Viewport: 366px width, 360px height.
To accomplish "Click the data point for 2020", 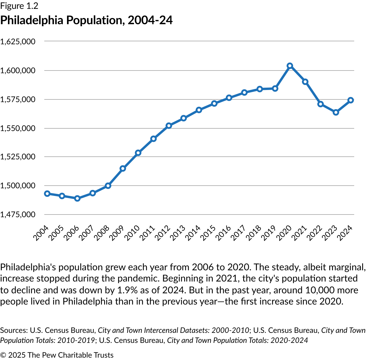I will click(x=290, y=66).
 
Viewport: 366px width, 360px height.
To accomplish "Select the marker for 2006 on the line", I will click(x=77, y=199).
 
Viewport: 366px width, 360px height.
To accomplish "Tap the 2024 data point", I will click(x=351, y=100).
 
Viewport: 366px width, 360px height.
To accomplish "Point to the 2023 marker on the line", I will click(x=336, y=112).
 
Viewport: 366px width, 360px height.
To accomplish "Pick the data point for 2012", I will click(x=169, y=126).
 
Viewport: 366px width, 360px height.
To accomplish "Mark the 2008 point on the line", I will click(x=108, y=186).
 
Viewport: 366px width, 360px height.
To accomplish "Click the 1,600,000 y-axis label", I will click(x=18, y=71).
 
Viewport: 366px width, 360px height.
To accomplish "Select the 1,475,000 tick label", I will click(x=18, y=215).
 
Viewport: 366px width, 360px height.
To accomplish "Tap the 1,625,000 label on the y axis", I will click(x=18, y=42).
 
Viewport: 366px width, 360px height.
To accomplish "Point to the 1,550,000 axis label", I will click(x=18, y=128).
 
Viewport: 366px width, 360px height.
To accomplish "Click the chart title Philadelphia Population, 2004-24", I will click(x=86, y=20).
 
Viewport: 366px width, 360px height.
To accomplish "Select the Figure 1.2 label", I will click(x=19, y=6).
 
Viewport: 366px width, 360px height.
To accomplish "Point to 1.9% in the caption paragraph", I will click(x=128, y=290).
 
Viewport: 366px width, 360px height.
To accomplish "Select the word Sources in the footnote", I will click(x=14, y=330).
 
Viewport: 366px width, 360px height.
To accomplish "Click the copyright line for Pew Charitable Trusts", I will click(x=57, y=355).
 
